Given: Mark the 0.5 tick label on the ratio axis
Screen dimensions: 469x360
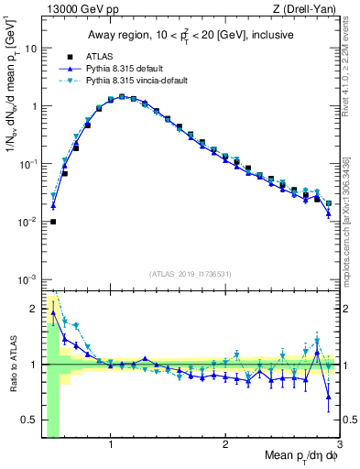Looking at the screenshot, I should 30,420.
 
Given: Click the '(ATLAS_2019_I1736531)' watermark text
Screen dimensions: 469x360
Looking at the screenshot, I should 191,272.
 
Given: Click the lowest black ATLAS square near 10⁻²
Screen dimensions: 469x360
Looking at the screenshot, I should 53,222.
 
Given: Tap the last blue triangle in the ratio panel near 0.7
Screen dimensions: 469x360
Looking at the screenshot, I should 329,397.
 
